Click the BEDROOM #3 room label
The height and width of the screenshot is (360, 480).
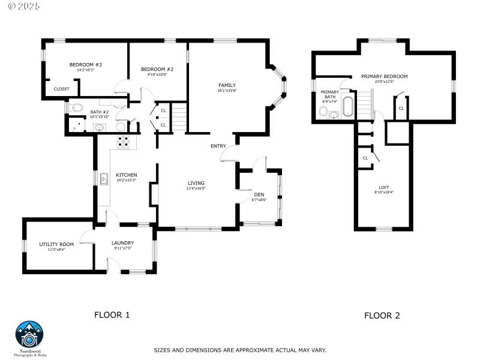tap(85, 64)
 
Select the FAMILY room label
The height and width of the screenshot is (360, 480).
tap(227, 85)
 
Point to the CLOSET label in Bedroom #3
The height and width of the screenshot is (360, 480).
tap(61, 89)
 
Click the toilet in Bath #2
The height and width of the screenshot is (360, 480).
tap(75, 109)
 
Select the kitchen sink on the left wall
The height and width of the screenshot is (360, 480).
tap(104, 178)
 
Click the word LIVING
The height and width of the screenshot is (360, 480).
tap(196, 183)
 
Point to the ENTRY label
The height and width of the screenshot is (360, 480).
tap(218, 146)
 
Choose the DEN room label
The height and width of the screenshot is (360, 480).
tap(259, 194)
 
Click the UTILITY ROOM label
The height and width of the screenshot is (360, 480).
tap(56, 244)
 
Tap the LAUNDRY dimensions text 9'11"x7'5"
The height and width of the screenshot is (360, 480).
tap(122, 248)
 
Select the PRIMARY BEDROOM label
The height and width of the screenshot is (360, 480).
tap(384, 76)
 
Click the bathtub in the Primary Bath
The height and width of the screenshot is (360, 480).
tap(348, 106)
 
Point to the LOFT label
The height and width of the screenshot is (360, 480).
tap(384, 187)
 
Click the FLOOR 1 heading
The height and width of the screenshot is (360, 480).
tap(112, 314)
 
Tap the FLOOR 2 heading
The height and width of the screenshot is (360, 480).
tap(382, 315)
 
